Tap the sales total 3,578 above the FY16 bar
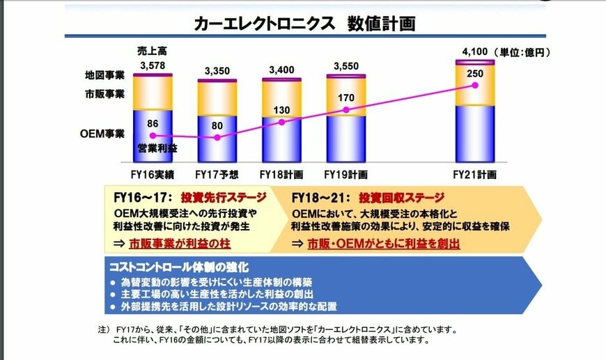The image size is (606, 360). click(x=153, y=66)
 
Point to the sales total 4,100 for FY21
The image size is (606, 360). click(x=474, y=52)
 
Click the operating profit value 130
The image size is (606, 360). click(x=281, y=109)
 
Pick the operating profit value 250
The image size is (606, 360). click(x=475, y=74)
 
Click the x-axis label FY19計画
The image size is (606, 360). click(x=346, y=174)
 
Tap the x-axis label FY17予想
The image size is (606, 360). click(x=217, y=174)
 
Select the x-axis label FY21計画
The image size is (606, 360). click(x=475, y=174)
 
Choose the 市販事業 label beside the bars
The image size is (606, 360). click(x=104, y=93)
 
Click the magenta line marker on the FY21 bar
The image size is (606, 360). click(x=475, y=86)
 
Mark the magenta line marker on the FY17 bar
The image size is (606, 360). click(x=217, y=138)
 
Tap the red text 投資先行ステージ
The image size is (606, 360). click(x=221, y=197)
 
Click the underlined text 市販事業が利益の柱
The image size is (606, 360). click(x=180, y=244)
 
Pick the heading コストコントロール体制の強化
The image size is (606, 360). click(x=179, y=267)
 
